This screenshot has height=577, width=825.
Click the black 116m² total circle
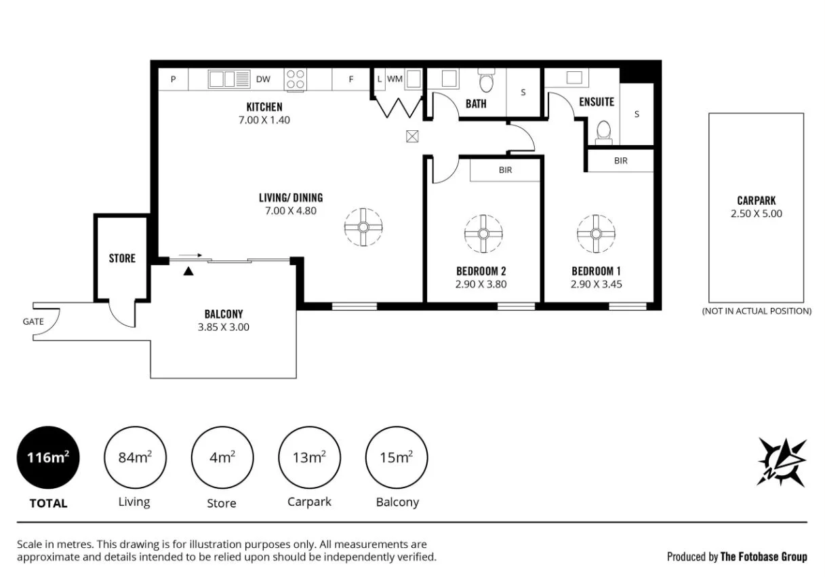(48, 458)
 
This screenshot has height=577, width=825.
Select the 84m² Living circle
(135, 458)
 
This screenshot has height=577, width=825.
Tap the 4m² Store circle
(222, 458)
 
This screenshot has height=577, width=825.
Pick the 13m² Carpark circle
(309, 458)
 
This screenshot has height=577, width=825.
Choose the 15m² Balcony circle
(397, 458)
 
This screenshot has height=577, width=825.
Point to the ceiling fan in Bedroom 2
(483, 234)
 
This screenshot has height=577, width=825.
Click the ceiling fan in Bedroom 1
(596, 234)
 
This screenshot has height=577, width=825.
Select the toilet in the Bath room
(486, 82)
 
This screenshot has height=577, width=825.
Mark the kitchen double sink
(229, 79)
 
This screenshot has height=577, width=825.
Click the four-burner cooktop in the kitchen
(296, 79)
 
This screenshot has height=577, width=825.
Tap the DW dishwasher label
(263, 79)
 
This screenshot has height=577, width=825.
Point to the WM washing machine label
(395, 79)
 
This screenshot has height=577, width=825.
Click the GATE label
(33, 321)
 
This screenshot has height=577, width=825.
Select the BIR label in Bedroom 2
(505, 170)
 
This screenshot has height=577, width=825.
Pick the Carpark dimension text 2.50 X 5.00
(756, 213)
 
